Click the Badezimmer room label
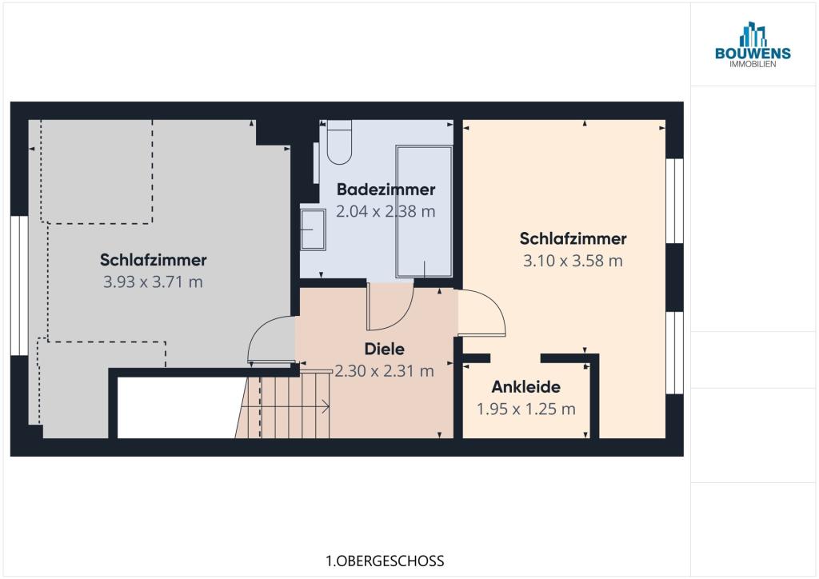click(x=386, y=190)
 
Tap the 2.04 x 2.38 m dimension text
click(x=386, y=211)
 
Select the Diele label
click(x=385, y=349)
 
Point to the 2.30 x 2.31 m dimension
click(x=385, y=371)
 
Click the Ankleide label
click(x=526, y=387)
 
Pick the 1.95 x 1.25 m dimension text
click(x=526, y=409)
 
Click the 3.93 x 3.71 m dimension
click(x=153, y=282)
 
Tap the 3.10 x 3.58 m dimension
click(x=573, y=261)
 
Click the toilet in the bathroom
click(x=339, y=142)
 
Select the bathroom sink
click(x=313, y=230)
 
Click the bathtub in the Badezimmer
click(x=424, y=211)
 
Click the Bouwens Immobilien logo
click(x=753, y=45)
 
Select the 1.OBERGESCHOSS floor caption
click(x=385, y=561)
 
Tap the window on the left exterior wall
click(x=20, y=286)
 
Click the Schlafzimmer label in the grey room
click(x=153, y=260)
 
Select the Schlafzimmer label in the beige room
click(x=573, y=238)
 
